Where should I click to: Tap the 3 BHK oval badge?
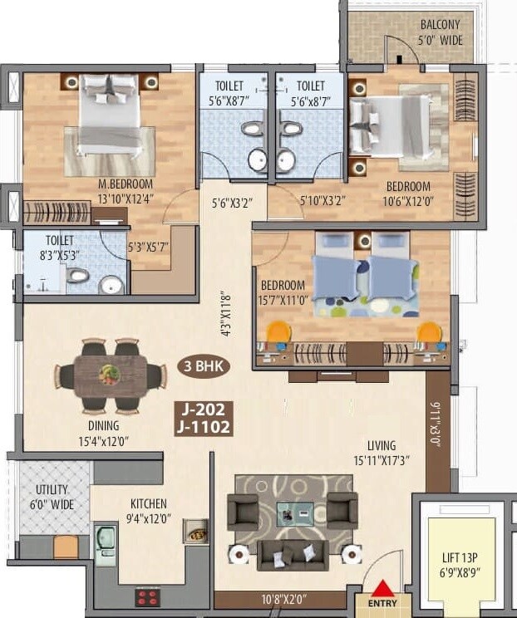204,365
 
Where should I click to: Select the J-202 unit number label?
203,410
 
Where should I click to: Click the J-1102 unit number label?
203,428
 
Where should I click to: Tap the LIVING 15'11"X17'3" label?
381,453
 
